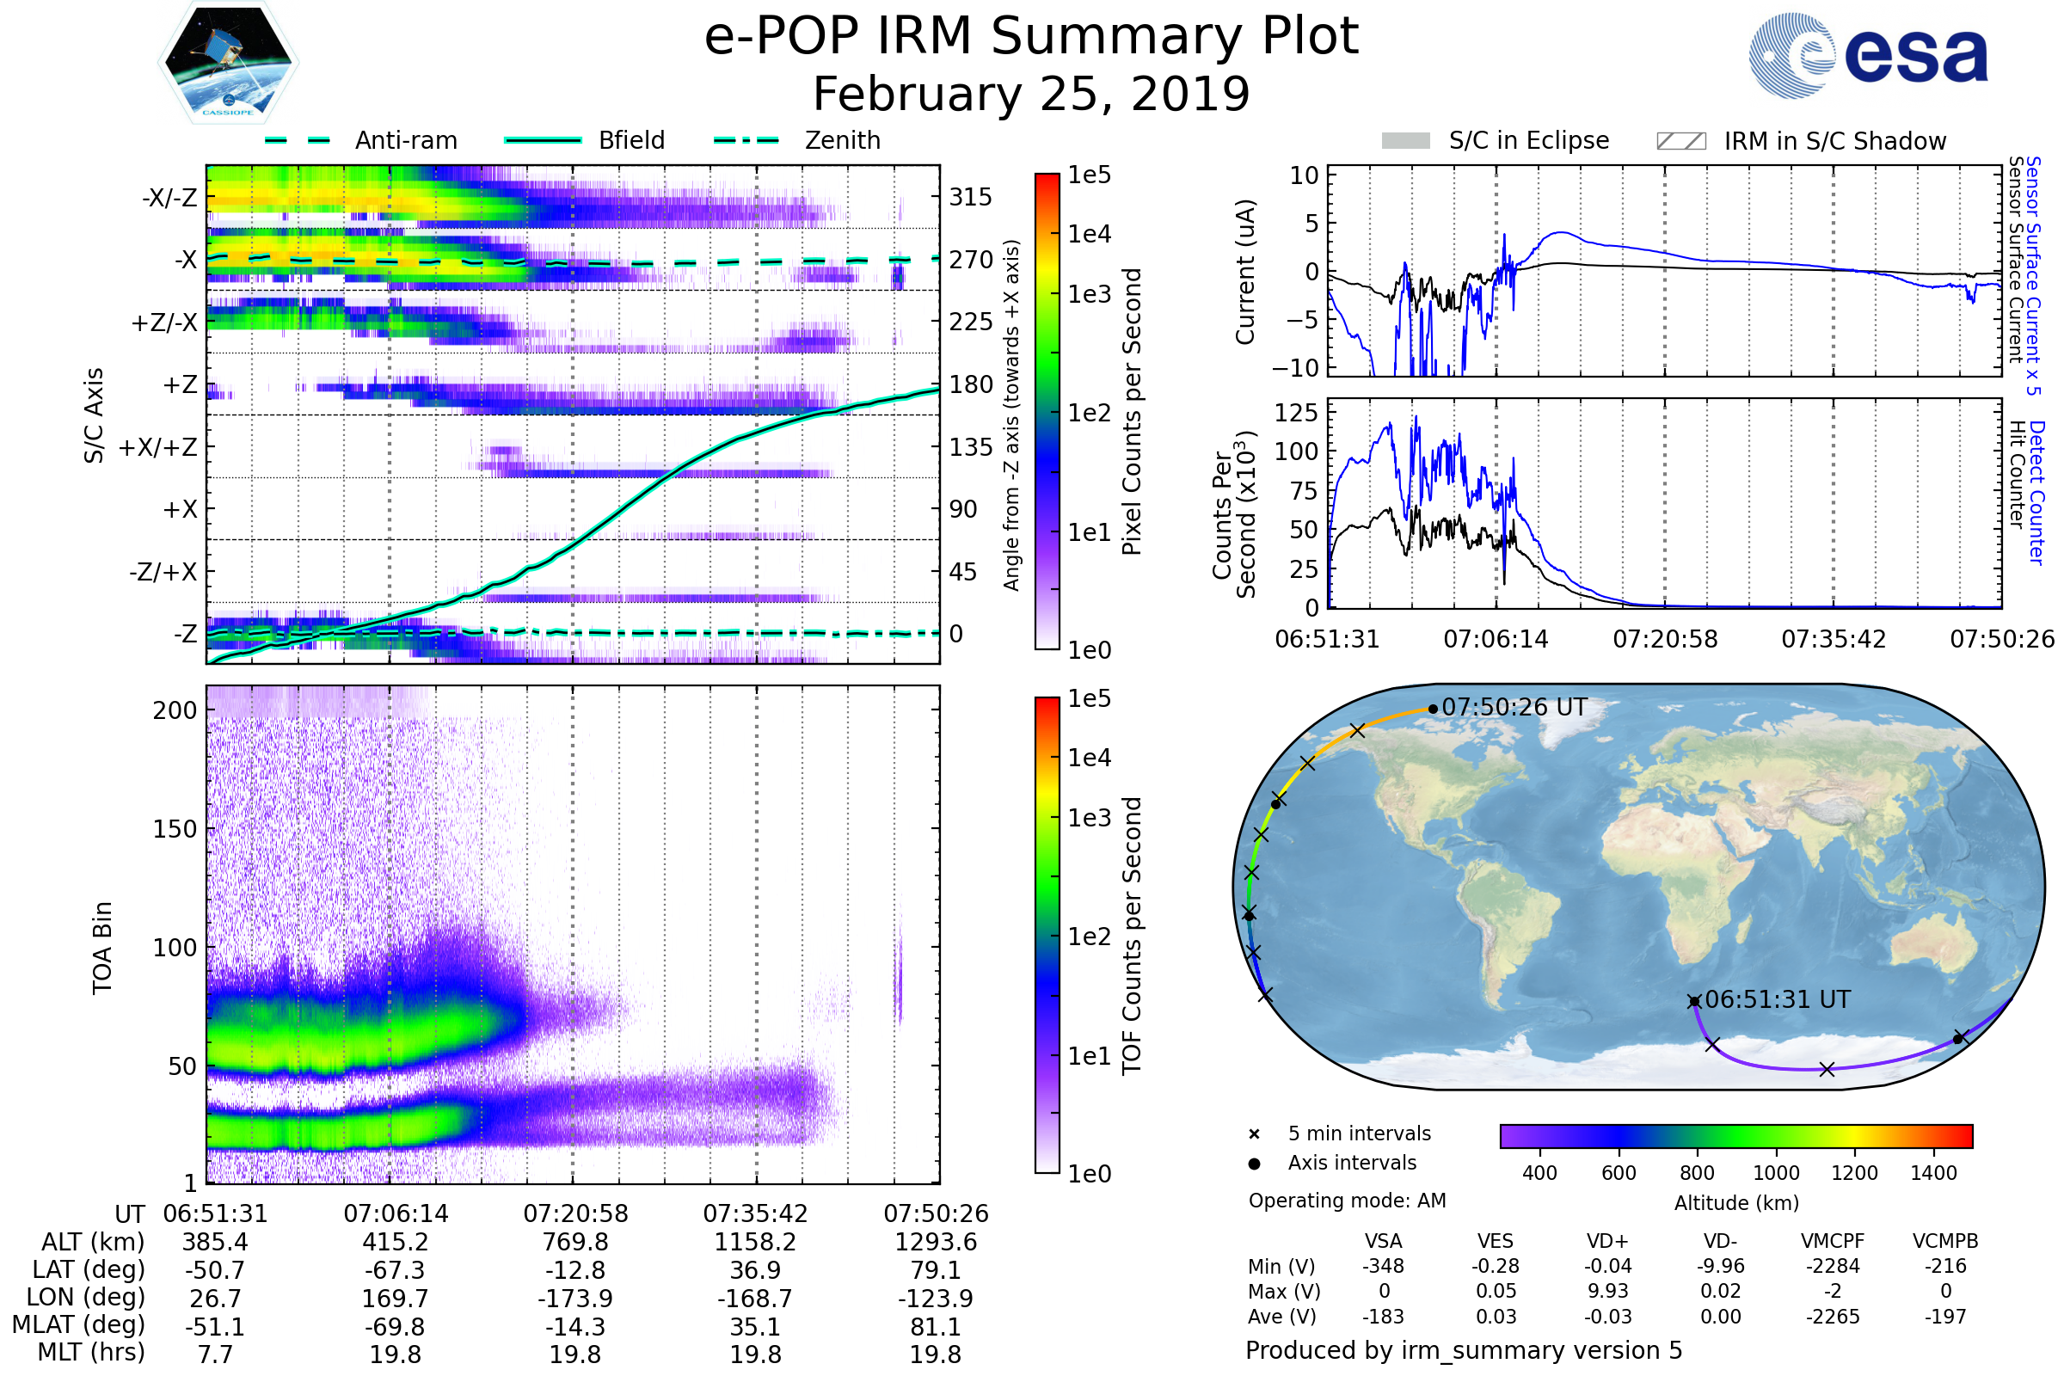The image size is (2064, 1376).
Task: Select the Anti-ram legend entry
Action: [405, 140]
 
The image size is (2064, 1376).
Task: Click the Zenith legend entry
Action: [843, 140]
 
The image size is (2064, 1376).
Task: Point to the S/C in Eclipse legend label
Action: [1529, 140]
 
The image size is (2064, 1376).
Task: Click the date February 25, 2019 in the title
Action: [1031, 94]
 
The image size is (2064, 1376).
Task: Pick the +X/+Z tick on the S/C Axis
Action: [158, 447]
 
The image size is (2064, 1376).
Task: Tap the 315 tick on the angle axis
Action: [971, 197]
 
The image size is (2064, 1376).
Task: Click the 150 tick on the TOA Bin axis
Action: [175, 829]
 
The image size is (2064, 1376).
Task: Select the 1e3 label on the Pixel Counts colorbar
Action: [1089, 295]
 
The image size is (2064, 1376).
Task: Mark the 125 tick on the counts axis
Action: [1295, 413]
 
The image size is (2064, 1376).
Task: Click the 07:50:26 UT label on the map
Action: [1514, 707]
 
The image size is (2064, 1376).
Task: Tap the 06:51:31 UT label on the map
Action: [1778, 999]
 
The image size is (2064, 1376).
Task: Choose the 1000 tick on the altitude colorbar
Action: [1776, 1173]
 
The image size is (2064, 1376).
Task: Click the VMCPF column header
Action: [1833, 1241]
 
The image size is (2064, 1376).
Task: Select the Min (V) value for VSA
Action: [1383, 1266]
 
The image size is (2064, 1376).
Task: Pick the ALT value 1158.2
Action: [755, 1242]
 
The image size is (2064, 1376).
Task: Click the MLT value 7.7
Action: [215, 1354]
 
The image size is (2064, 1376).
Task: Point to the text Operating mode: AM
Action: [1347, 1201]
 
